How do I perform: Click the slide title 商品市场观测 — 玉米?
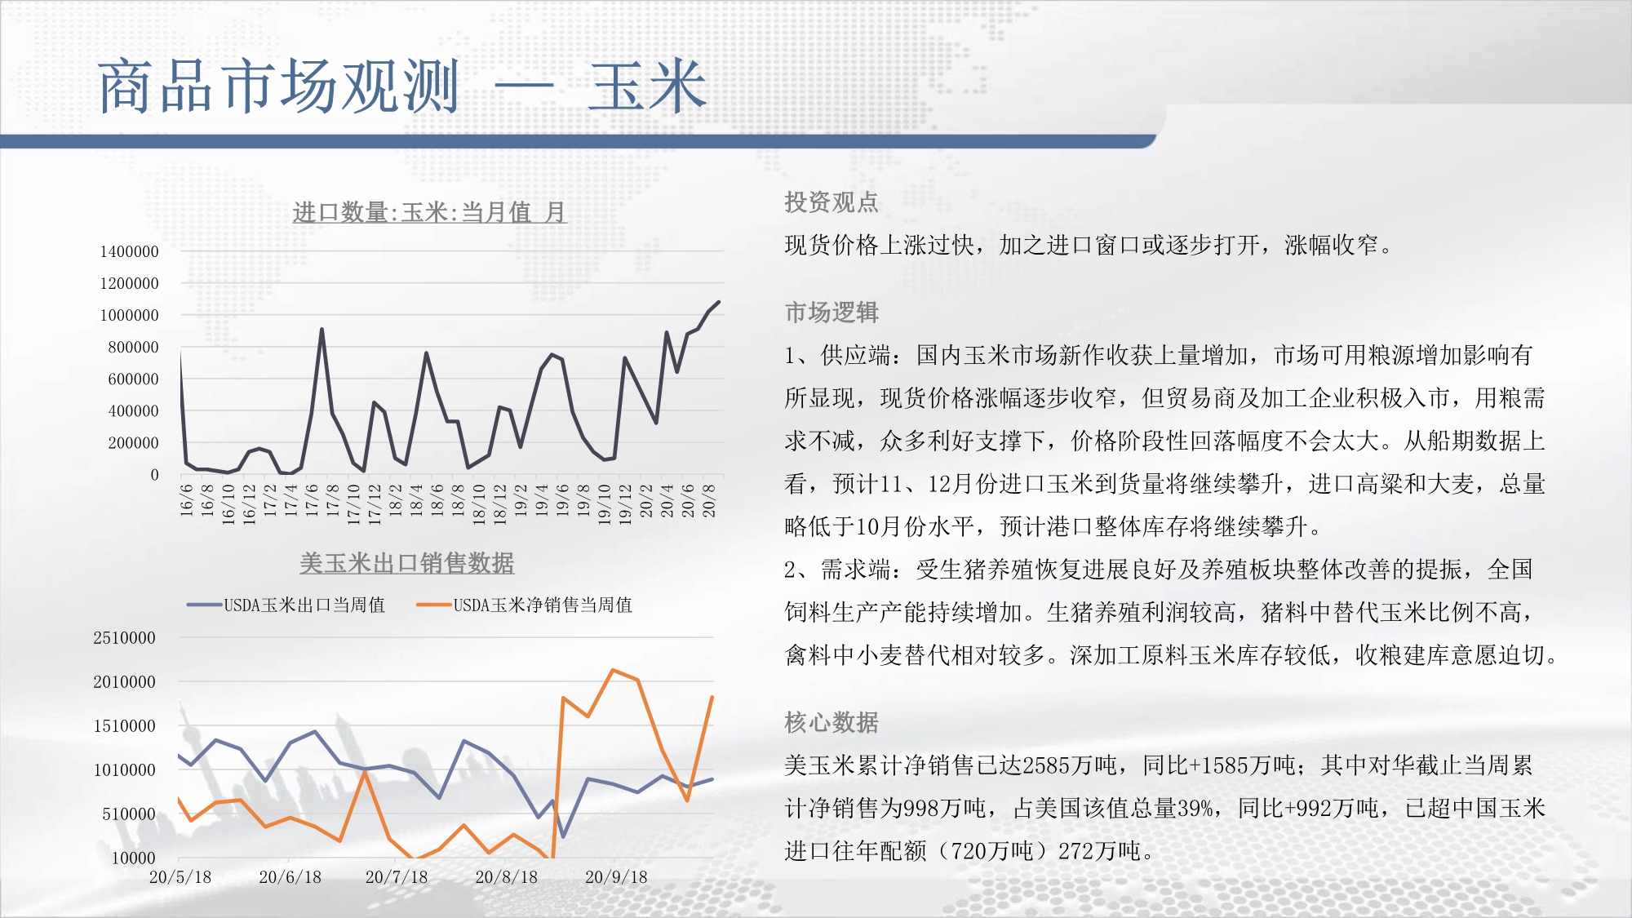(x=401, y=86)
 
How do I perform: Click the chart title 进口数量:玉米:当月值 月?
(x=429, y=212)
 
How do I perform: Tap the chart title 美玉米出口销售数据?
(x=406, y=563)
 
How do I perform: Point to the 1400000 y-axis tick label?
(x=129, y=251)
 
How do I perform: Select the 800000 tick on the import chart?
(x=133, y=347)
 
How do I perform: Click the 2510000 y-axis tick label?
(x=124, y=638)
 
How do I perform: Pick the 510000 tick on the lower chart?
(x=128, y=814)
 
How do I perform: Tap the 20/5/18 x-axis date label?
(x=180, y=877)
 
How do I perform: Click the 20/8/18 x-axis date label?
(x=507, y=877)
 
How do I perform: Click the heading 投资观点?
(x=832, y=202)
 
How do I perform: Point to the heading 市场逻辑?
(x=832, y=312)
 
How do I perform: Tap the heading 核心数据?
(x=832, y=722)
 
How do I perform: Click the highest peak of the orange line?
(x=613, y=670)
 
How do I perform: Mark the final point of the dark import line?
(x=719, y=302)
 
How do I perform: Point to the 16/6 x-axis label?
(x=187, y=499)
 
